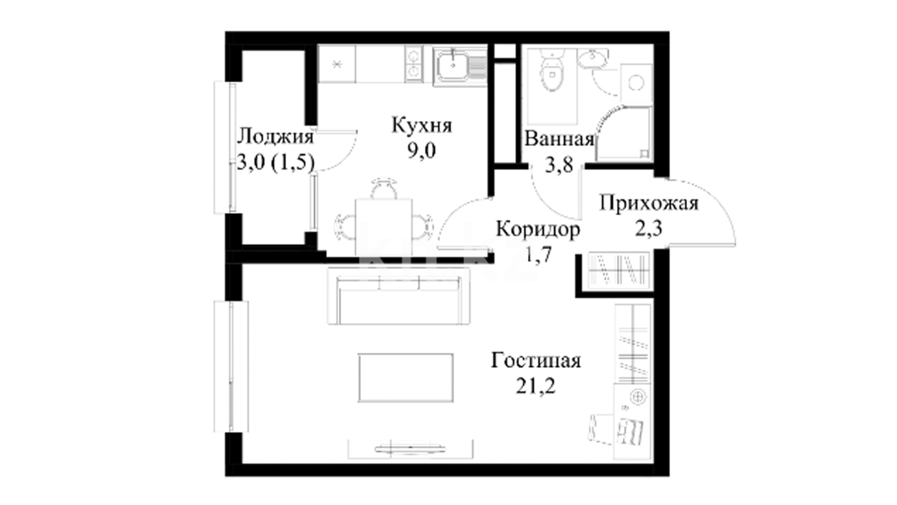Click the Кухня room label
422,126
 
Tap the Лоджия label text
275,137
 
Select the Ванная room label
559,139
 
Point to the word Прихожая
649,203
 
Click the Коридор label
538,229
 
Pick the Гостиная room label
536,361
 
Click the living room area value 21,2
536,386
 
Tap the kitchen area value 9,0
422,151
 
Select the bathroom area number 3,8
559,165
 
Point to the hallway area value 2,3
649,229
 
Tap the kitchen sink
453,66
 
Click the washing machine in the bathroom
636,83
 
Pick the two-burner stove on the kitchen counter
413,64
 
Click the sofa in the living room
399,296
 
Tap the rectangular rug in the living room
406,378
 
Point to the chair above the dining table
384,188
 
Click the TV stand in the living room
411,449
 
